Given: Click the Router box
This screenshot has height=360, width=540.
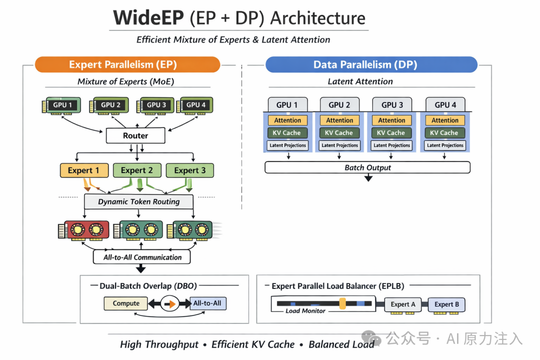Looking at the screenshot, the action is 135,135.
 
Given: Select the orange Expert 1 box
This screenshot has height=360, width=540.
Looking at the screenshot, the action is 84,170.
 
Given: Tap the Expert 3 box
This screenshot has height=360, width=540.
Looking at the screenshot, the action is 190,170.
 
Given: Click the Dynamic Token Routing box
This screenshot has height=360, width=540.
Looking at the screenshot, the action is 139,201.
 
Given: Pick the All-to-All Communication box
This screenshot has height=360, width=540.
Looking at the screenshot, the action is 142,257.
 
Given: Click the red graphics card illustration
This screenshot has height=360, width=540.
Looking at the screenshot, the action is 83,230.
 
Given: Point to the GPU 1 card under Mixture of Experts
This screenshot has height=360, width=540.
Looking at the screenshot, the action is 61,105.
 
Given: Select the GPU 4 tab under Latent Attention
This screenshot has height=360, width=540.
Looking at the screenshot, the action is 445,104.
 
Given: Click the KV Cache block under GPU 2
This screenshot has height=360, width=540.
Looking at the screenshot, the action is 339,132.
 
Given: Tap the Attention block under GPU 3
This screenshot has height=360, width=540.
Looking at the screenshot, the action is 391,120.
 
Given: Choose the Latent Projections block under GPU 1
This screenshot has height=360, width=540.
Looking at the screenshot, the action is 287,145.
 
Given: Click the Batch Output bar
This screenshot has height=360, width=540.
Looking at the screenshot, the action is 367,168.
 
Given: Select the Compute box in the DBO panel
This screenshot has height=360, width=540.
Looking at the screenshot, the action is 125,303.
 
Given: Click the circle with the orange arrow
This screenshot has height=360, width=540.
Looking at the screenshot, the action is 170,304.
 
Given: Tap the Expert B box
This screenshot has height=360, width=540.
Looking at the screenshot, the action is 446,304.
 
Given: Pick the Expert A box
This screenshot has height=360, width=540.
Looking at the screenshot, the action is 403,304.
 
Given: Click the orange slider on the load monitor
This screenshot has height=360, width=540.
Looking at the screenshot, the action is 342,303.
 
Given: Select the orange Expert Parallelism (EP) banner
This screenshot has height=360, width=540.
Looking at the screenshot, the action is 127,65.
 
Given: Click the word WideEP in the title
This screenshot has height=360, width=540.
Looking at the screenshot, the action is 148,18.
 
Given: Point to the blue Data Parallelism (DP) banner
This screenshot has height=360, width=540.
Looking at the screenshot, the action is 371,65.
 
